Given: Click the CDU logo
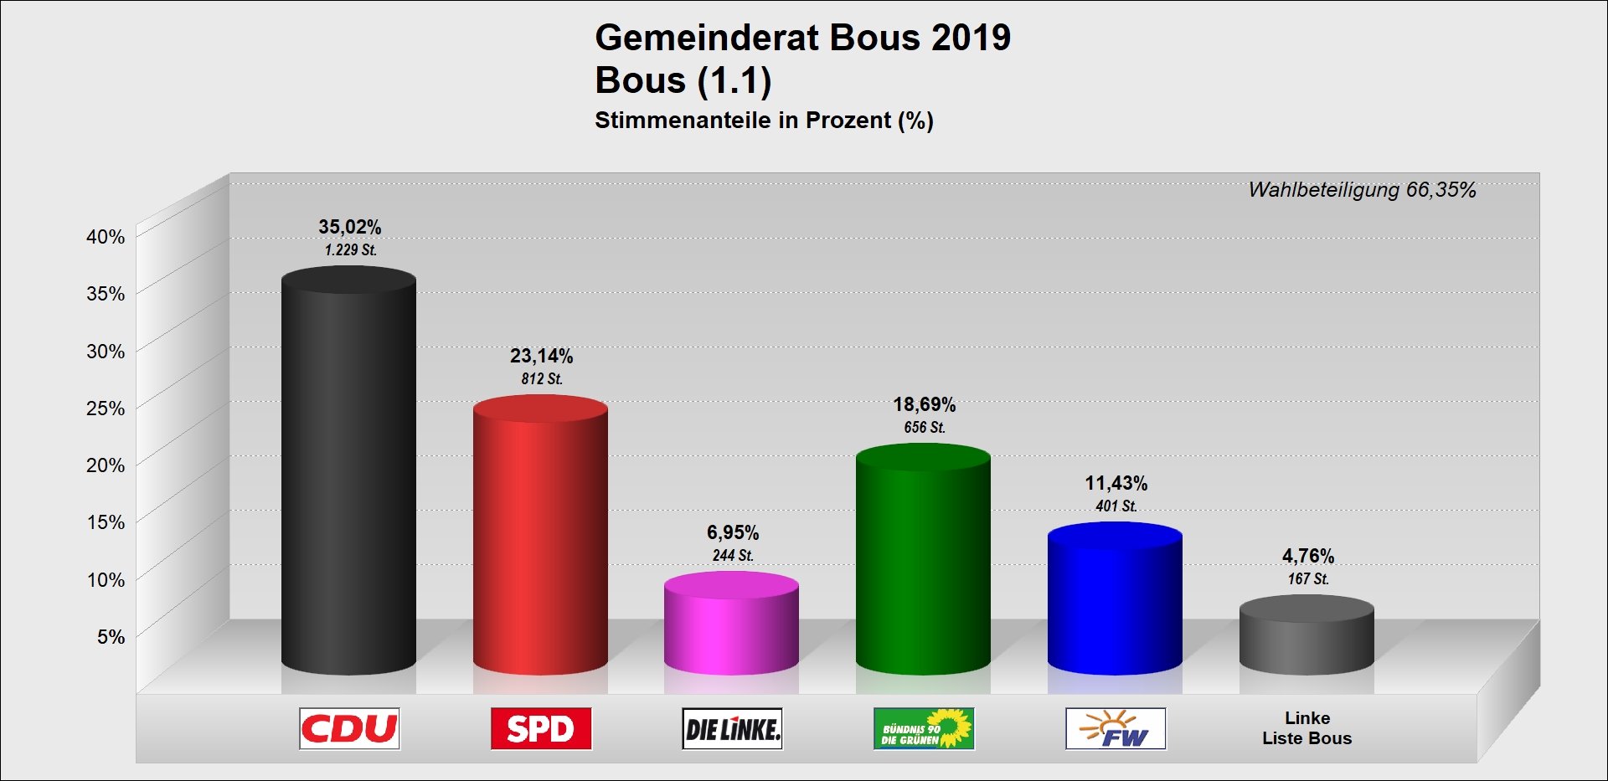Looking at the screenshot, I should [349, 728].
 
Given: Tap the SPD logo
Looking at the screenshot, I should [541, 728].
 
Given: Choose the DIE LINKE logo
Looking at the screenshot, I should [732, 728].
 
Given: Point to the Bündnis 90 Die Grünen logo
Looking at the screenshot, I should [924, 728].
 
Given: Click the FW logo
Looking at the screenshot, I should [1116, 728].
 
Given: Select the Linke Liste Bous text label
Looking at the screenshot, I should [1306, 728].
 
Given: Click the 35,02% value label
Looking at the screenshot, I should [349, 227].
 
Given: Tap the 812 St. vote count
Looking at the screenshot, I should [542, 379].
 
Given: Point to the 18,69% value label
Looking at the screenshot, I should [924, 405].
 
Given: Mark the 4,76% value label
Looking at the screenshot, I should [1307, 557].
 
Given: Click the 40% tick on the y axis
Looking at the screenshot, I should [106, 237].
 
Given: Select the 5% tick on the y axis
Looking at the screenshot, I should [111, 637].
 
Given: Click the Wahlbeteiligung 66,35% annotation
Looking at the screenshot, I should [1362, 190].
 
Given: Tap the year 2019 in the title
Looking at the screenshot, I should [971, 39].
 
